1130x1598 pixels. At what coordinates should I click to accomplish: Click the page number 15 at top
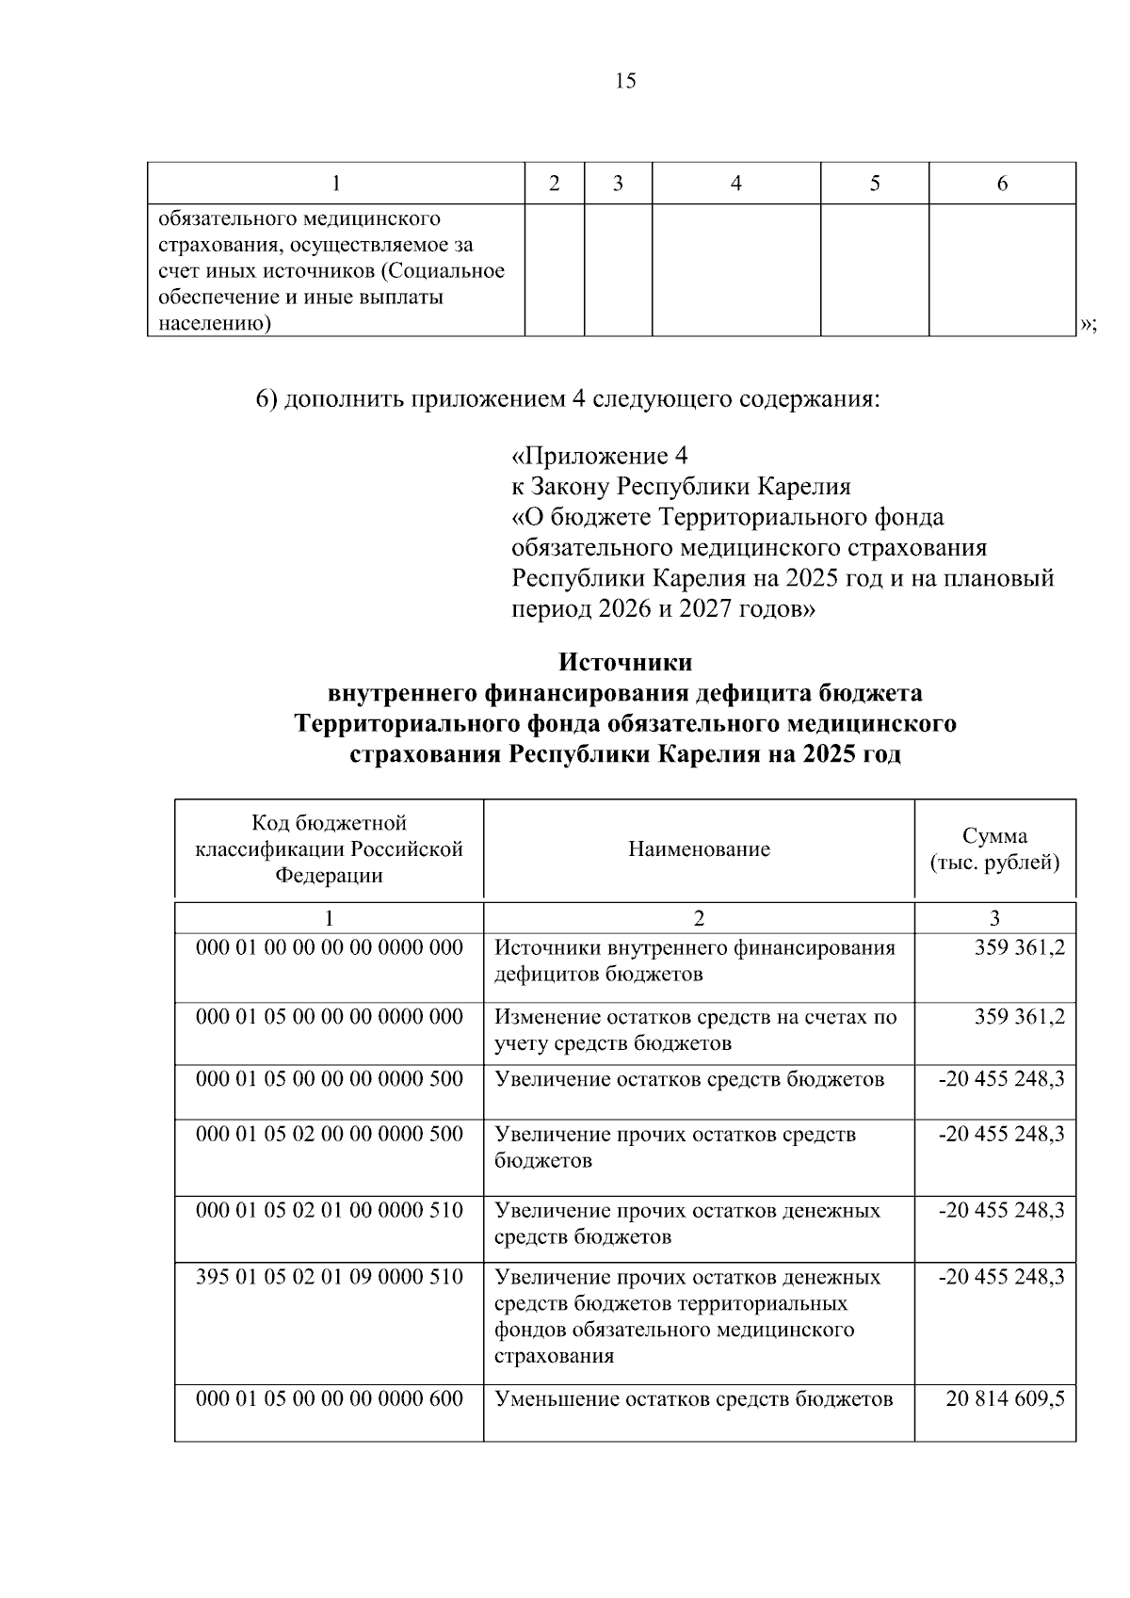[625, 81]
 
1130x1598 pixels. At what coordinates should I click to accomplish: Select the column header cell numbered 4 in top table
[735, 184]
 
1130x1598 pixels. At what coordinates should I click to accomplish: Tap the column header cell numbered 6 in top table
[1002, 184]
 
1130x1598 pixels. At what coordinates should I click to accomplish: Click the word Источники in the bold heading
[625, 662]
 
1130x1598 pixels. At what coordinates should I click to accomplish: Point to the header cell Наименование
[699, 849]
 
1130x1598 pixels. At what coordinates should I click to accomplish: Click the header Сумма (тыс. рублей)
[994, 849]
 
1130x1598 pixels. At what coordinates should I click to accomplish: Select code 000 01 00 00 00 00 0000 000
[329, 947]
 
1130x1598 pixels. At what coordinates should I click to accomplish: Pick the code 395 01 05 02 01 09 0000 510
[329, 1277]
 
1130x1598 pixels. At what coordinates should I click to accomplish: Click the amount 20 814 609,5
[1005, 1399]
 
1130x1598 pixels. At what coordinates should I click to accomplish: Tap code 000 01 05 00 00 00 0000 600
[329, 1399]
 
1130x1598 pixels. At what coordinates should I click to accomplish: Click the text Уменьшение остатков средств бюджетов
[693, 1399]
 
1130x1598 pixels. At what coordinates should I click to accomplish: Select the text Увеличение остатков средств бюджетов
[689, 1079]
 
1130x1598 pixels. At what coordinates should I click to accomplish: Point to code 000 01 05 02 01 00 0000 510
[329, 1210]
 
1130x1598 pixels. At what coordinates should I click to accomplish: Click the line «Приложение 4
[599, 457]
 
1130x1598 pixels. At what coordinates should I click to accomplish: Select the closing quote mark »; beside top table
[1088, 324]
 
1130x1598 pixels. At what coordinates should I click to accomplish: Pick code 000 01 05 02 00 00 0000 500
[329, 1134]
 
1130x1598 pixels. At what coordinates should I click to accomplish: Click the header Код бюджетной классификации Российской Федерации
[329, 849]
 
